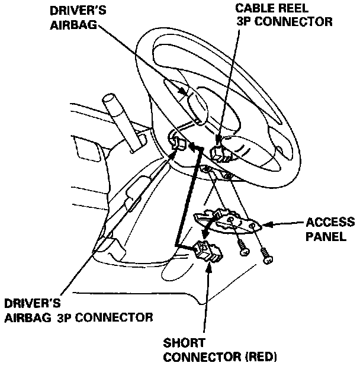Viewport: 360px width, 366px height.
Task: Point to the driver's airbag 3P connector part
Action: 178,141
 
